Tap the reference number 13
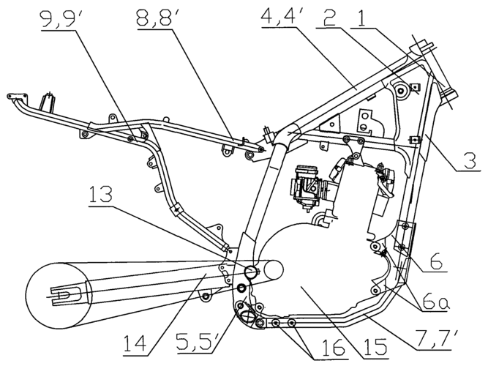[x=108, y=195]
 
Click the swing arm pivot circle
[x=250, y=272]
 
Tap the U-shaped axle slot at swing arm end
[x=64, y=296]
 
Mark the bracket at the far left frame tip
[x=13, y=96]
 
